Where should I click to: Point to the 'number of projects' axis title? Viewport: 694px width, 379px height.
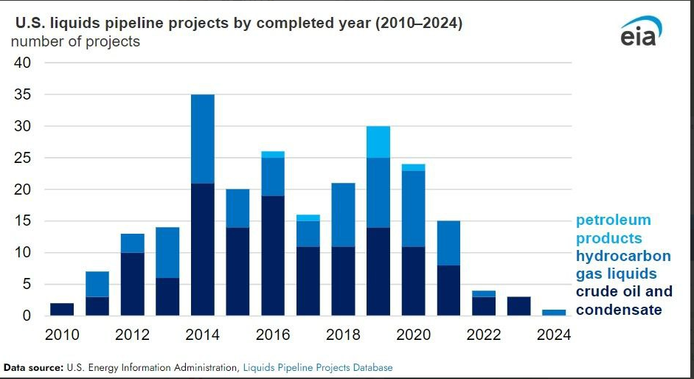click(75, 41)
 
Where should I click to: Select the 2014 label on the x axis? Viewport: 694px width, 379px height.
click(203, 335)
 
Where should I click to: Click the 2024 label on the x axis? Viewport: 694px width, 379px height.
click(554, 335)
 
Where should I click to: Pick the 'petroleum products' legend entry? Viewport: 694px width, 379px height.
click(613, 229)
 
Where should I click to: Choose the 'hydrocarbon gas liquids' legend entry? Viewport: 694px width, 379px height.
click(623, 265)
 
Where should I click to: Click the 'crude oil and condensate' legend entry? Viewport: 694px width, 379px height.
click(624, 301)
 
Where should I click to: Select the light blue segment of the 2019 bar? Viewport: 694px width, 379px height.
click(378, 142)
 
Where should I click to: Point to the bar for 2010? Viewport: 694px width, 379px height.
click(62, 310)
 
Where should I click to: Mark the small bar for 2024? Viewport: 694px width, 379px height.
click(554, 313)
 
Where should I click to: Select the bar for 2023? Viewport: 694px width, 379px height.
click(518, 306)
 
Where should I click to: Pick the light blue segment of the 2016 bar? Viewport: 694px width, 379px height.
click(273, 154)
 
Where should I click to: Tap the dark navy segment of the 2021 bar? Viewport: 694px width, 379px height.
click(448, 291)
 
